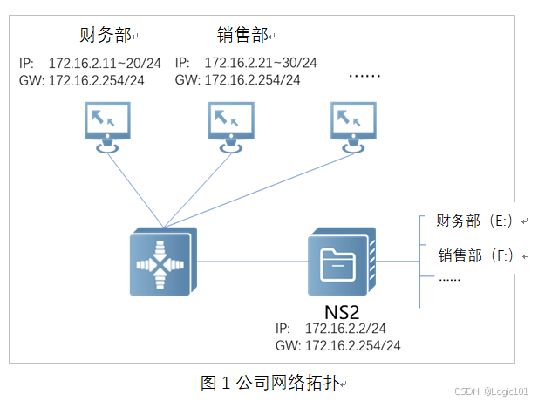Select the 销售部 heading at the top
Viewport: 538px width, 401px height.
pyautogui.click(x=242, y=35)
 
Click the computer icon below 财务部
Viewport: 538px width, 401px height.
pyautogui.click(x=108, y=126)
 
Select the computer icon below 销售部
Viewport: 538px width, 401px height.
pyautogui.click(x=231, y=126)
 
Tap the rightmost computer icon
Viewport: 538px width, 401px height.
pyautogui.click(x=354, y=126)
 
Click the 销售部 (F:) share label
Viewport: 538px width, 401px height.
pyautogui.click(x=476, y=255)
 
